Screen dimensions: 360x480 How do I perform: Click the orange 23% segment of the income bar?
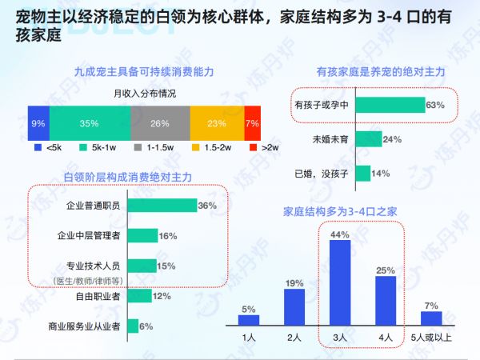point(217,123)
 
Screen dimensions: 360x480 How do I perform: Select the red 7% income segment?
point(252,123)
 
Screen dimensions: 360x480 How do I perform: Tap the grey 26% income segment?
point(160,123)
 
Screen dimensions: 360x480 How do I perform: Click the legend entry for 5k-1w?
point(98,147)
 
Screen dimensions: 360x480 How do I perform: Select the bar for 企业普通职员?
point(162,206)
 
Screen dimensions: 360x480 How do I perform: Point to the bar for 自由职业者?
point(139,297)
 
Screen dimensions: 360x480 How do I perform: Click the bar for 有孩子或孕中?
point(389,105)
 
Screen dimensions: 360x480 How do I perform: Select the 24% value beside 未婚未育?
point(392,139)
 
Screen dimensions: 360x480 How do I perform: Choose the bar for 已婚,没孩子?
point(362,173)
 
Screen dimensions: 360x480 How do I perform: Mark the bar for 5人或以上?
point(431,318)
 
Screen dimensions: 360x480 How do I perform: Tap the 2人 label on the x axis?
point(294,338)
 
